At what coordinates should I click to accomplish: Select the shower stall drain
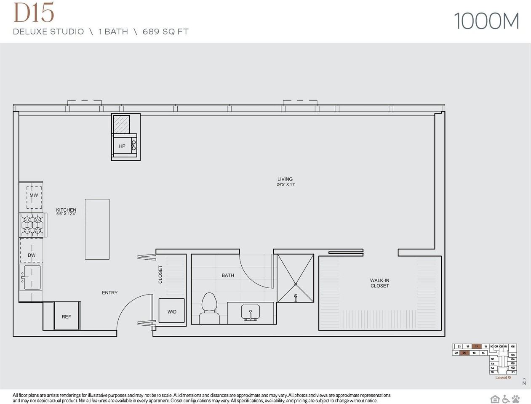[x=296, y=296]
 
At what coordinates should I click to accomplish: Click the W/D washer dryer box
[x=171, y=311]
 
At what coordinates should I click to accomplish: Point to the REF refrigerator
[x=66, y=316]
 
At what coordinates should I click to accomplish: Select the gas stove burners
[x=33, y=225]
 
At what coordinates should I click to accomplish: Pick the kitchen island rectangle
[x=97, y=229]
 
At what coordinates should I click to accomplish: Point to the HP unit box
[x=123, y=146]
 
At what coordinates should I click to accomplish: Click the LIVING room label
[x=285, y=179]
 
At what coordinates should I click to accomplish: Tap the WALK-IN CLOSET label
[x=379, y=283]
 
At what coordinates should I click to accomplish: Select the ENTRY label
[x=109, y=292]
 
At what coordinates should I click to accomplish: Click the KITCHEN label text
[x=66, y=210]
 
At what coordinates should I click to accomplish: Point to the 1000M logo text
[x=486, y=21]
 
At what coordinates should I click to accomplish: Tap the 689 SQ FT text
[x=165, y=32]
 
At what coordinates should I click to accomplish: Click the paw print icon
[x=516, y=399]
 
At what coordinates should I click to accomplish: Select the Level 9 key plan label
[x=503, y=377]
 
